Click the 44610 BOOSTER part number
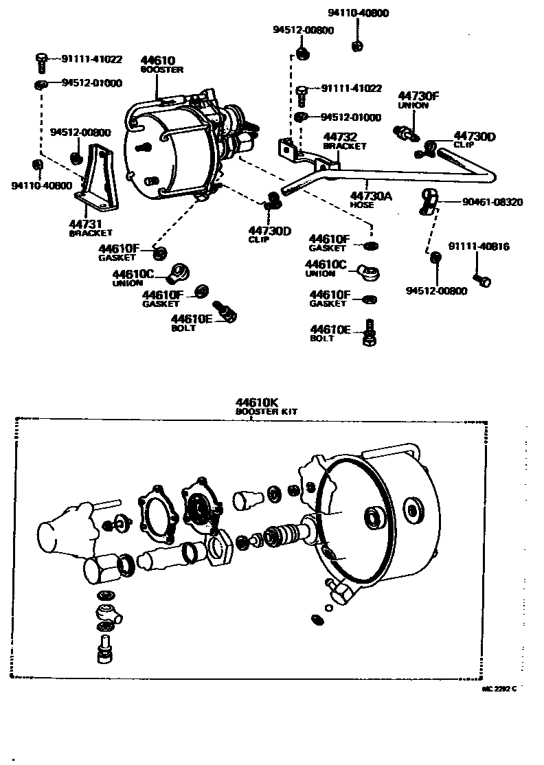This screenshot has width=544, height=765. (x=157, y=60)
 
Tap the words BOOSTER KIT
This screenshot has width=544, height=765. (x=267, y=411)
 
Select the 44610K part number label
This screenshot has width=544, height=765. (x=257, y=402)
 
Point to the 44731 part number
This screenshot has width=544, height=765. (x=86, y=224)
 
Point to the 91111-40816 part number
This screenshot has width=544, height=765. (x=479, y=247)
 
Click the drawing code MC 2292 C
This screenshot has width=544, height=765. (x=500, y=689)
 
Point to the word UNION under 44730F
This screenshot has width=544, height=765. (x=413, y=106)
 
